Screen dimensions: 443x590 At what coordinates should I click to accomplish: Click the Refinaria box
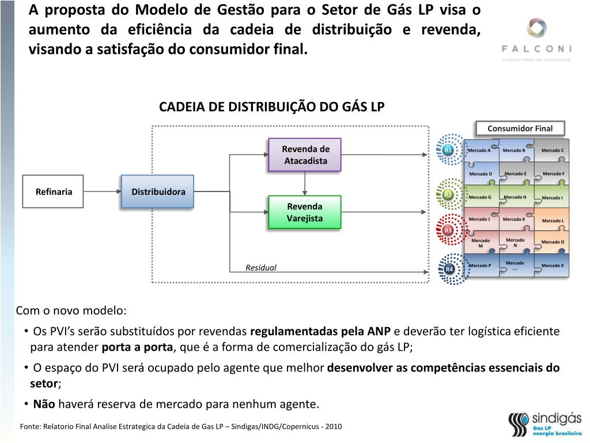(x=53, y=192)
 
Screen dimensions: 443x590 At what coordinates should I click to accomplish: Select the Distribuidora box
(x=158, y=192)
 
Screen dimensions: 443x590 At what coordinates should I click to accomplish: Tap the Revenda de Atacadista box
(x=305, y=155)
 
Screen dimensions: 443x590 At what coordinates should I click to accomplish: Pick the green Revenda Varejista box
(x=305, y=212)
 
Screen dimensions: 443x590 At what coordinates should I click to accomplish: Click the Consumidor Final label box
(x=520, y=128)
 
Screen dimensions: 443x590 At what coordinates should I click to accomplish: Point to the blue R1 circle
(x=448, y=151)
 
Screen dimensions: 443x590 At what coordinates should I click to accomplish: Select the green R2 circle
(x=448, y=195)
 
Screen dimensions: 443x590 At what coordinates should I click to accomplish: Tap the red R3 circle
(x=448, y=231)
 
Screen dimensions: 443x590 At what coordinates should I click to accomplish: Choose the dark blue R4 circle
(x=449, y=269)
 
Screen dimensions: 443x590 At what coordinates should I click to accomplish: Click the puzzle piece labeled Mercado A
(x=480, y=151)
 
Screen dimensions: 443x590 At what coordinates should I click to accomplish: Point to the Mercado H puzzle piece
(x=515, y=197)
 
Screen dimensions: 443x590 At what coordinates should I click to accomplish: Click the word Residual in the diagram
(x=261, y=268)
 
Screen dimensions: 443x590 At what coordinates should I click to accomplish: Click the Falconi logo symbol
(x=536, y=29)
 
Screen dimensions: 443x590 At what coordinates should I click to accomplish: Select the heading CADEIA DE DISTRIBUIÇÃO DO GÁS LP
(x=271, y=107)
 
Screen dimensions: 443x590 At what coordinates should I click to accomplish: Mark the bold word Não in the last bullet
(x=44, y=404)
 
